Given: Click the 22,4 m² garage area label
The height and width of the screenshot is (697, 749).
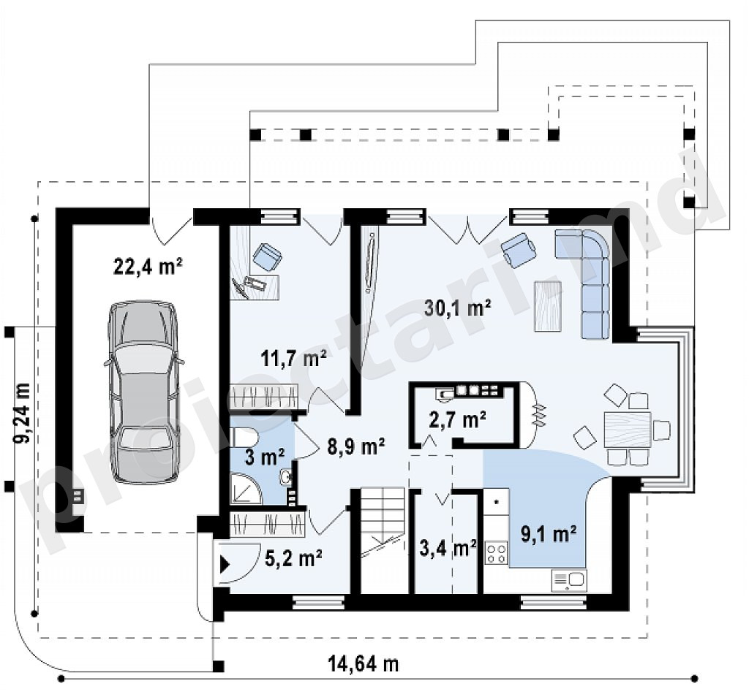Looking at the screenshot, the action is [x=148, y=266].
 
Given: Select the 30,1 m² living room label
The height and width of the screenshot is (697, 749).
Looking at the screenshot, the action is [x=458, y=308].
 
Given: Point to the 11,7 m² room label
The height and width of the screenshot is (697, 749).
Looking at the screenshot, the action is [x=294, y=357].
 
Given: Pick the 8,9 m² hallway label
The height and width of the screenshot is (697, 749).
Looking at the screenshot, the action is [x=356, y=446].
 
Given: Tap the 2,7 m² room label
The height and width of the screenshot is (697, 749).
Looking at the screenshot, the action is [x=458, y=419].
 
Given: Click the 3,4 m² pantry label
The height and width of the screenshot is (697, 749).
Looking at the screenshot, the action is [x=448, y=548].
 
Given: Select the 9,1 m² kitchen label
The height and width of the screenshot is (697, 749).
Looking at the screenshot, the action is [x=549, y=534].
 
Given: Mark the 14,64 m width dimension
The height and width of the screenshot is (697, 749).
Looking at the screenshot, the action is [x=363, y=663].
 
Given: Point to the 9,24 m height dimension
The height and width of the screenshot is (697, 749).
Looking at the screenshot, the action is [x=23, y=413].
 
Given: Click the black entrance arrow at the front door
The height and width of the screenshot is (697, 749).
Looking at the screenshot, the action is [x=224, y=565].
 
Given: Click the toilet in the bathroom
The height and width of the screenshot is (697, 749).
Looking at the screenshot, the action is [x=245, y=436].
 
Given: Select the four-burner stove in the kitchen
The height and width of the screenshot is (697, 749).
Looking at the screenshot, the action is [x=497, y=553].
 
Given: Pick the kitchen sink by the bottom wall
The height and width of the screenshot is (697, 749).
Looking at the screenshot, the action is [x=569, y=581].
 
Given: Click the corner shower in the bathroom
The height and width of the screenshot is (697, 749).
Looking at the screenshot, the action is [x=246, y=488].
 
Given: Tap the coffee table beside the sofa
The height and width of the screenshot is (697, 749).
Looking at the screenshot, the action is [x=547, y=306].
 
